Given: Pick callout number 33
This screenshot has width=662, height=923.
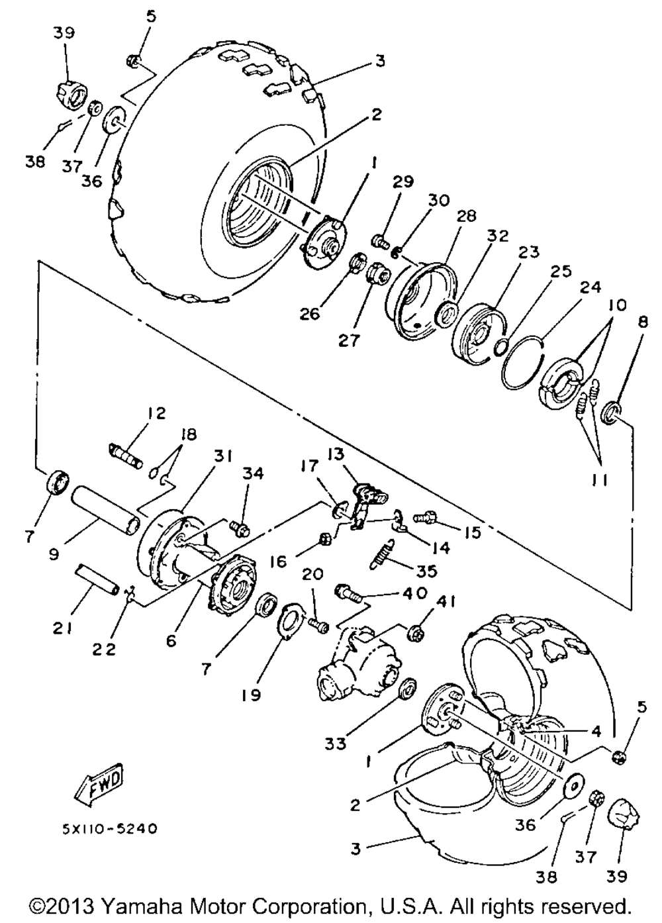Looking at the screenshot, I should point(336,744).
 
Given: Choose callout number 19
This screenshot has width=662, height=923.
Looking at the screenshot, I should point(251,695).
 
